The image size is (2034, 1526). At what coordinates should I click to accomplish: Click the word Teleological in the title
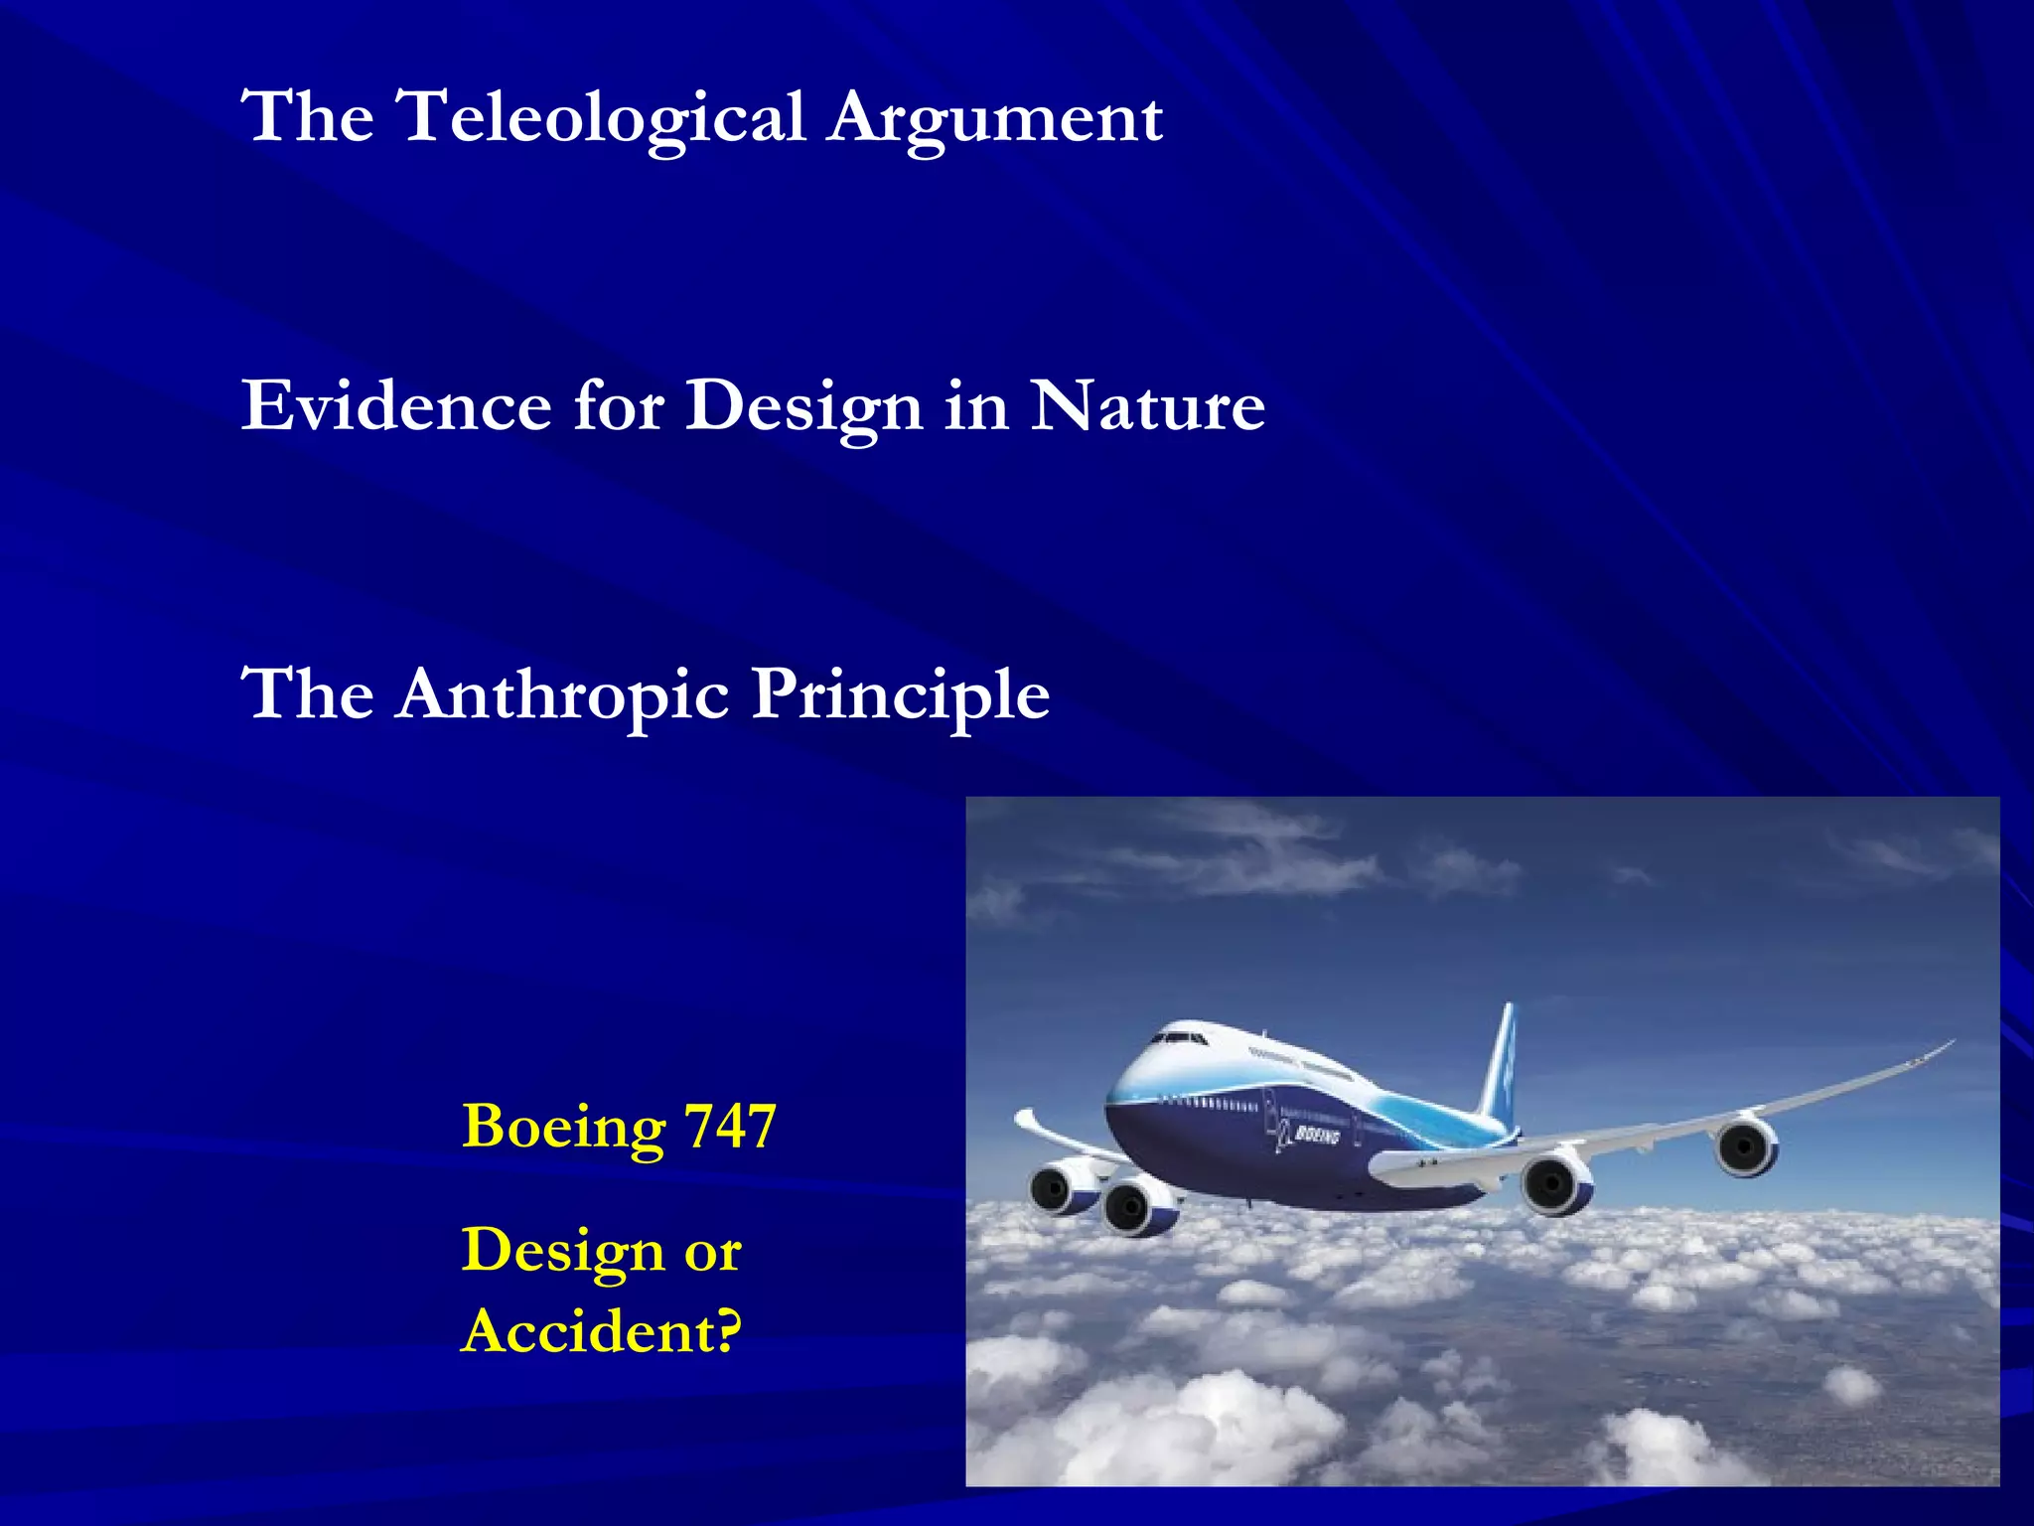pos(600,118)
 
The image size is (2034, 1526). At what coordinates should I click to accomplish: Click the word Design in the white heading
pos(804,408)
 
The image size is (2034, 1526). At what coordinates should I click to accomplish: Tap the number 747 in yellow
pos(730,1127)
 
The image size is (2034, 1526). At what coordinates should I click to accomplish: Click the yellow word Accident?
pos(601,1331)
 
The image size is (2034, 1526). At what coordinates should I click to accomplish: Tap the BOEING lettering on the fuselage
pos(1317,1135)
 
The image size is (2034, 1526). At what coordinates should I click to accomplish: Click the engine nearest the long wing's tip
pos(1745,1147)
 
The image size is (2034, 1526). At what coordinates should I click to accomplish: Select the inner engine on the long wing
pos(1554,1182)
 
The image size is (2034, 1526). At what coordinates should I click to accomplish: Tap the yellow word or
pos(712,1252)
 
